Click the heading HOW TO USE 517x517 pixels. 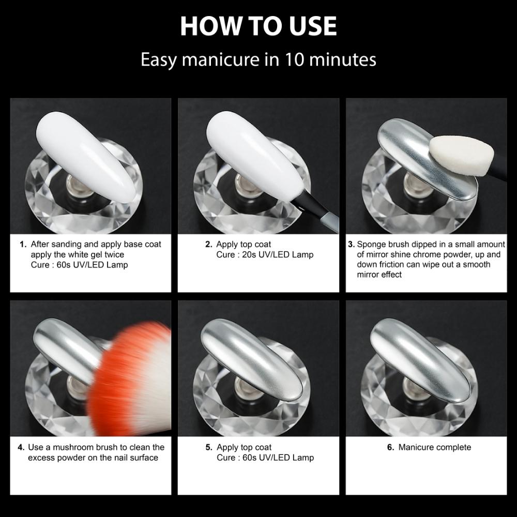tap(258, 26)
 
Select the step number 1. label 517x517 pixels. tap(23, 244)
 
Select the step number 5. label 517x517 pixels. tap(209, 447)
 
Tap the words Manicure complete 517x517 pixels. tap(434, 447)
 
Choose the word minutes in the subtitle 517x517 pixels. tap(343, 59)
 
